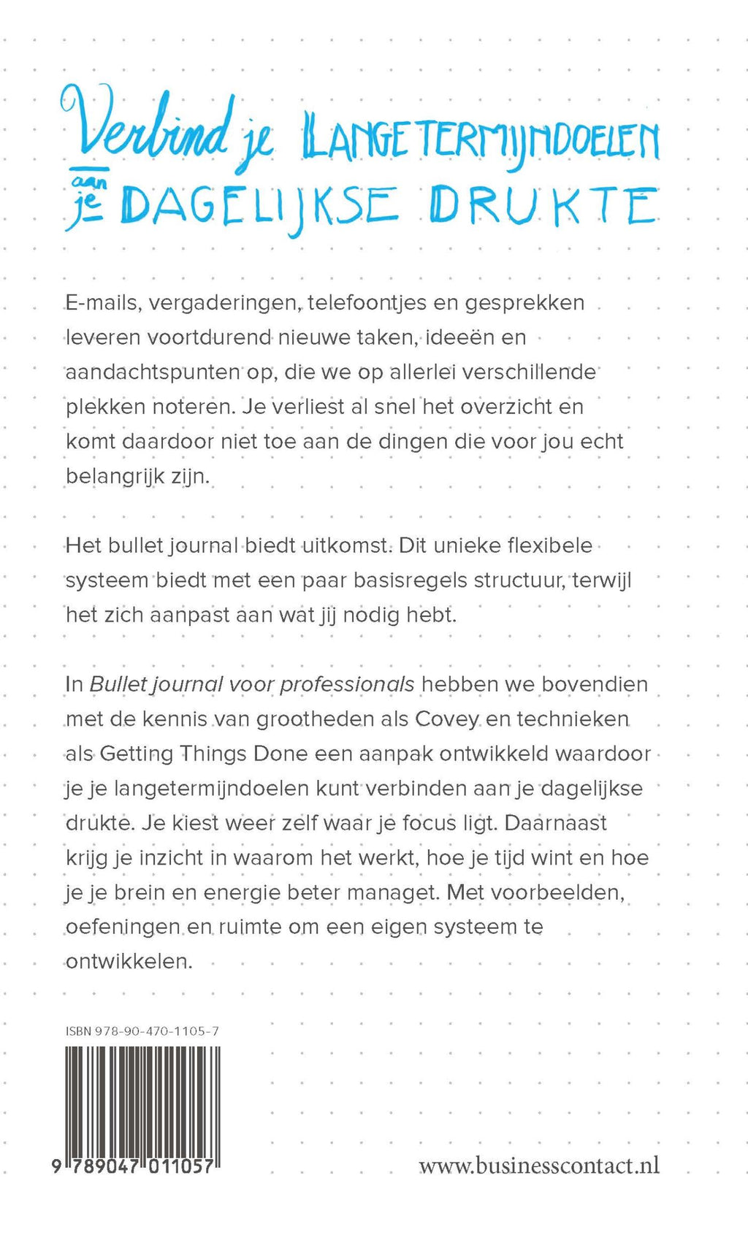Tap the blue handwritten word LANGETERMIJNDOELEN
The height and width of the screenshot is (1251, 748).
click(481, 139)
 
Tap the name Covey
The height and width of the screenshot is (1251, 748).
click(446, 719)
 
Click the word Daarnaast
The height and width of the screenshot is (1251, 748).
click(556, 823)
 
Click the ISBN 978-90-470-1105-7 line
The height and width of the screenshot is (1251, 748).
click(142, 1031)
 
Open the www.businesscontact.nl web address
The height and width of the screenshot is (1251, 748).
click(539, 1165)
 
